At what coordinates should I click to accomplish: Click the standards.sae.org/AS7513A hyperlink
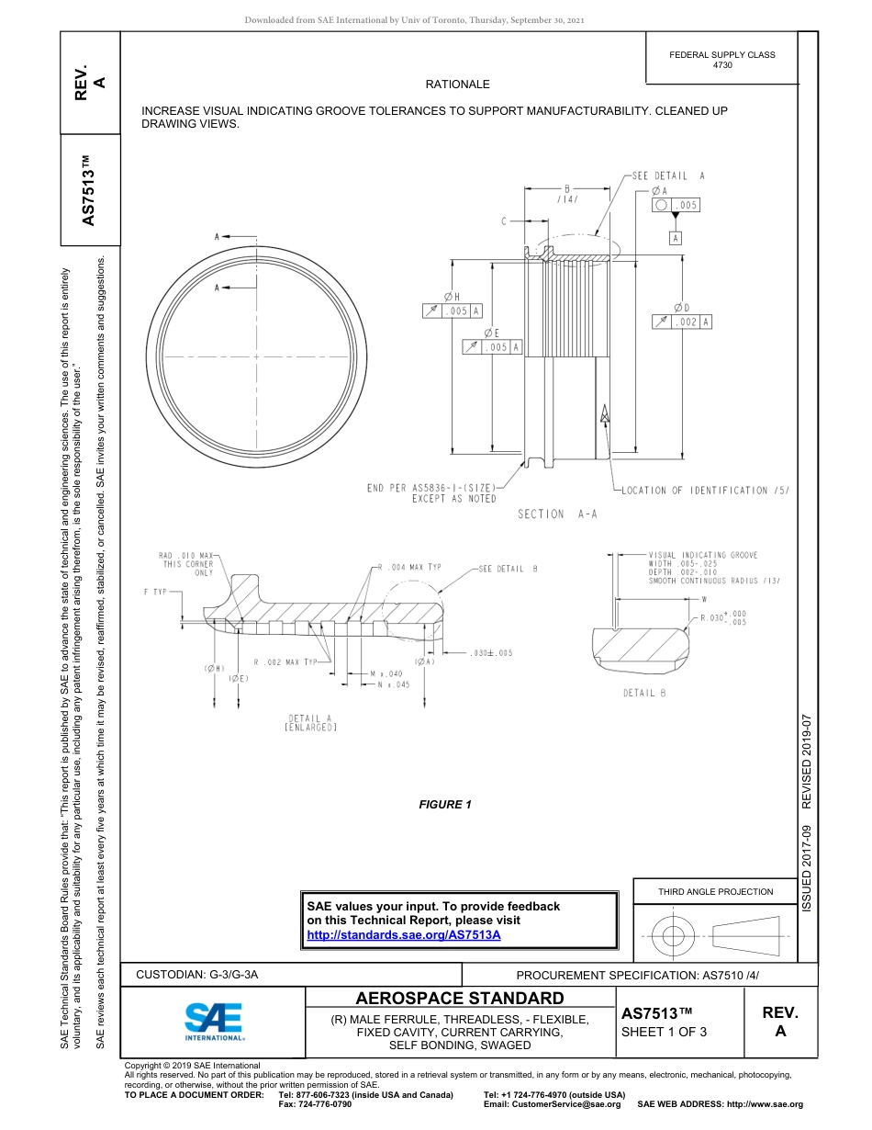coord(403,934)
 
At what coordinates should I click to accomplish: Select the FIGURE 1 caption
coord(445,805)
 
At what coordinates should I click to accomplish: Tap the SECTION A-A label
coord(557,514)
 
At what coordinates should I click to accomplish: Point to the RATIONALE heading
coord(457,85)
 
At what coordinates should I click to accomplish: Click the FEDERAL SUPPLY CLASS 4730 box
coord(721,60)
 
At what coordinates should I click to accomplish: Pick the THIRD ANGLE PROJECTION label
coord(715,891)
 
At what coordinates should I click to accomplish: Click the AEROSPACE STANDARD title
coord(460,999)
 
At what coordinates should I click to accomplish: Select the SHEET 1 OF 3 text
coord(664,1032)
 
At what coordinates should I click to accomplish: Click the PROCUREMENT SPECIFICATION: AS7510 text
coord(637,975)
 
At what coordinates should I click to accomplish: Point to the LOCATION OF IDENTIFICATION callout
coord(705,491)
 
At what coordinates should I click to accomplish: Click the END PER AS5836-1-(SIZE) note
coord(431,492)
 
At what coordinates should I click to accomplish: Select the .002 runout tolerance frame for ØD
coord(682,322)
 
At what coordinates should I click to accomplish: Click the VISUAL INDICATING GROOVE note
coord(703,568)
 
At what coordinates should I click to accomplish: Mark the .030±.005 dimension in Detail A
coord(490,653)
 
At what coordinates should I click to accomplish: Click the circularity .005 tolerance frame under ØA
coord(675,205)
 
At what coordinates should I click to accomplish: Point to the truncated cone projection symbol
coord(745,936)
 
